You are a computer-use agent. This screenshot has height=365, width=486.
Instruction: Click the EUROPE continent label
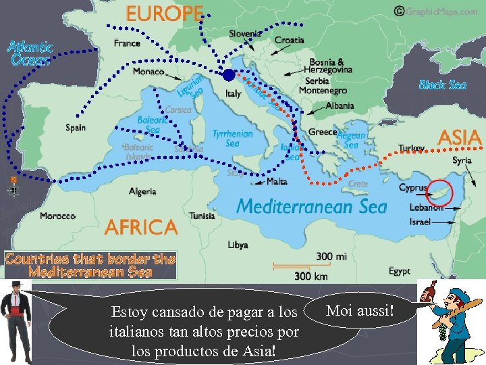click(x=165, y=14)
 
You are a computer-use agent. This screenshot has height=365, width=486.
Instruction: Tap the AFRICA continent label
click(x=141, y=226)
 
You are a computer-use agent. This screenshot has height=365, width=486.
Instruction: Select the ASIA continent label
click(x=460, y=137)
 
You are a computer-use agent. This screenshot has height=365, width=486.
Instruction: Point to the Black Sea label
click(x=442, y=84)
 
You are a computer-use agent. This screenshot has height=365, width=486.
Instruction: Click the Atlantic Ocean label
click(x=30, y=53)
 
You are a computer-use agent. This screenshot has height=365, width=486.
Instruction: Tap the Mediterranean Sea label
click(x=312, y=206)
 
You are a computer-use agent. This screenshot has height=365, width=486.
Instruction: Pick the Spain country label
click(x=76, y=127)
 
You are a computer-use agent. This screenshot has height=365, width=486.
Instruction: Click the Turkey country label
click(x=411, y=148)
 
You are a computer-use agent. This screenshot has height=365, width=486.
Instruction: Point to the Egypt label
click(x=399, y=271)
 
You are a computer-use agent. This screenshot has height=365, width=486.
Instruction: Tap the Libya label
click(x=238, y=245)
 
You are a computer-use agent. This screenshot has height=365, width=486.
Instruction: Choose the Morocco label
click(x=57, y=216)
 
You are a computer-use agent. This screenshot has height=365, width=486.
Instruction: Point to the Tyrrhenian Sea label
click(x=232, y=138)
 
